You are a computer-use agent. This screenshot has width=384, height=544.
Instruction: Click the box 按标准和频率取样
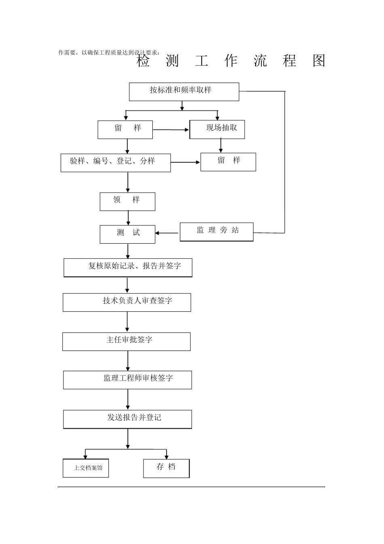(x=184, y=92)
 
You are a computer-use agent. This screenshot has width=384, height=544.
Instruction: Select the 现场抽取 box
(x=217, y=130)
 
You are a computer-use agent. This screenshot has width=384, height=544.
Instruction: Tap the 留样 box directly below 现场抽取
(x=228, y=162)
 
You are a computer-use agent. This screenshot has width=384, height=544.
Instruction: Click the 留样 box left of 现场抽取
(x=125, y=130)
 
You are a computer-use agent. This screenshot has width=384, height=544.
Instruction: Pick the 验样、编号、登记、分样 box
(x=116, y=163)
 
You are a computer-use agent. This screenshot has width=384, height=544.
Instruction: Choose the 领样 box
(x=127, y=202)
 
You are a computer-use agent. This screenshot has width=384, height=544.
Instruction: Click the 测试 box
(x=127, y=234)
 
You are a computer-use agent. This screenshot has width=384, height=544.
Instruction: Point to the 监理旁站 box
(x=216, y=232)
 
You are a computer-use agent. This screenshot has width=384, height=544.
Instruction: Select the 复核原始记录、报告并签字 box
(x=128, y=268)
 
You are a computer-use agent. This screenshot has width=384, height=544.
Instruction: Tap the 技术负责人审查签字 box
(x=127, y=302)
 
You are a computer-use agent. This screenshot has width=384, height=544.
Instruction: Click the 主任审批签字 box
(x=126, y=342)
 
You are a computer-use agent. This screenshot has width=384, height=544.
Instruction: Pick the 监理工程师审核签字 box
(x=127, y=380)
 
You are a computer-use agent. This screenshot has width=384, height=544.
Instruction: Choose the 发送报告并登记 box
(x=127, y=419)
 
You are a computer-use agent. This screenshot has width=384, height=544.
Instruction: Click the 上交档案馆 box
(x=86, y=468)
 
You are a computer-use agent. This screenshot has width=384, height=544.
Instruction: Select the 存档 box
(x=166, y=468)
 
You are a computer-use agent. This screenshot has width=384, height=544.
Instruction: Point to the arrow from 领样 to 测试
(x=129, y=218)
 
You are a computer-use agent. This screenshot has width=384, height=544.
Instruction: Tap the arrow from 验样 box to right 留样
(x=186, y=162)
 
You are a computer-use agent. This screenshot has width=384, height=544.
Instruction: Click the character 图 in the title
(x=319, y=61)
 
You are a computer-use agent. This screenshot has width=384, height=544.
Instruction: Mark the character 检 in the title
(x=143, y=61)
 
